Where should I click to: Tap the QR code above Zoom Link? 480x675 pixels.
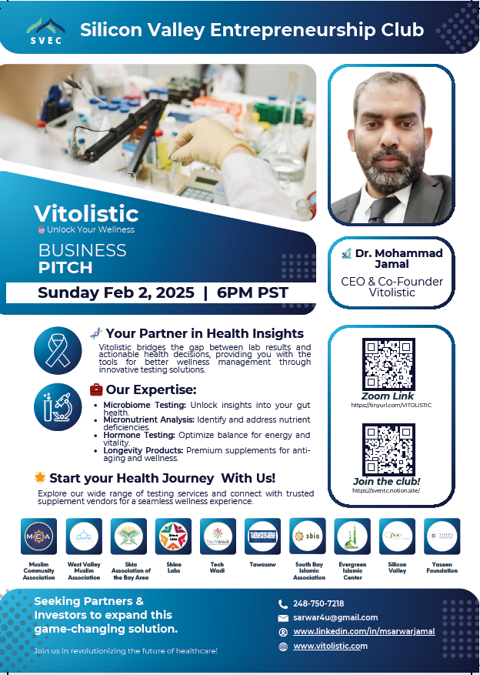click(x=388, y=364)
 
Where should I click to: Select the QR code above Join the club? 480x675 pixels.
click(x=388, y=449)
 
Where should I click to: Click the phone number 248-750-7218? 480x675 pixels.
click(x=318, y=603)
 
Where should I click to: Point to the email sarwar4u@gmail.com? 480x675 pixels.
click(x=335, y=617)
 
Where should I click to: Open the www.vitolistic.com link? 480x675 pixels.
click(x=331, y=646)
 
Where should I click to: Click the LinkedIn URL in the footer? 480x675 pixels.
click(x=364, y=631)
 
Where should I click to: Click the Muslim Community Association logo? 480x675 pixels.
click(x=38, y=536)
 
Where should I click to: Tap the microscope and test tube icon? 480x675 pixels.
click(x=58, y=406)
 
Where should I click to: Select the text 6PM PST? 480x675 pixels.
click(x=252, y=293)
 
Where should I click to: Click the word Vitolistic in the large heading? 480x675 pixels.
click(x=86, y=213)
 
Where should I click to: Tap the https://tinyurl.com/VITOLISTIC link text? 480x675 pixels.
click(x=391, y=405)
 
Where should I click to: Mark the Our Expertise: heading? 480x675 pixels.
click(x=151, y=389)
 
